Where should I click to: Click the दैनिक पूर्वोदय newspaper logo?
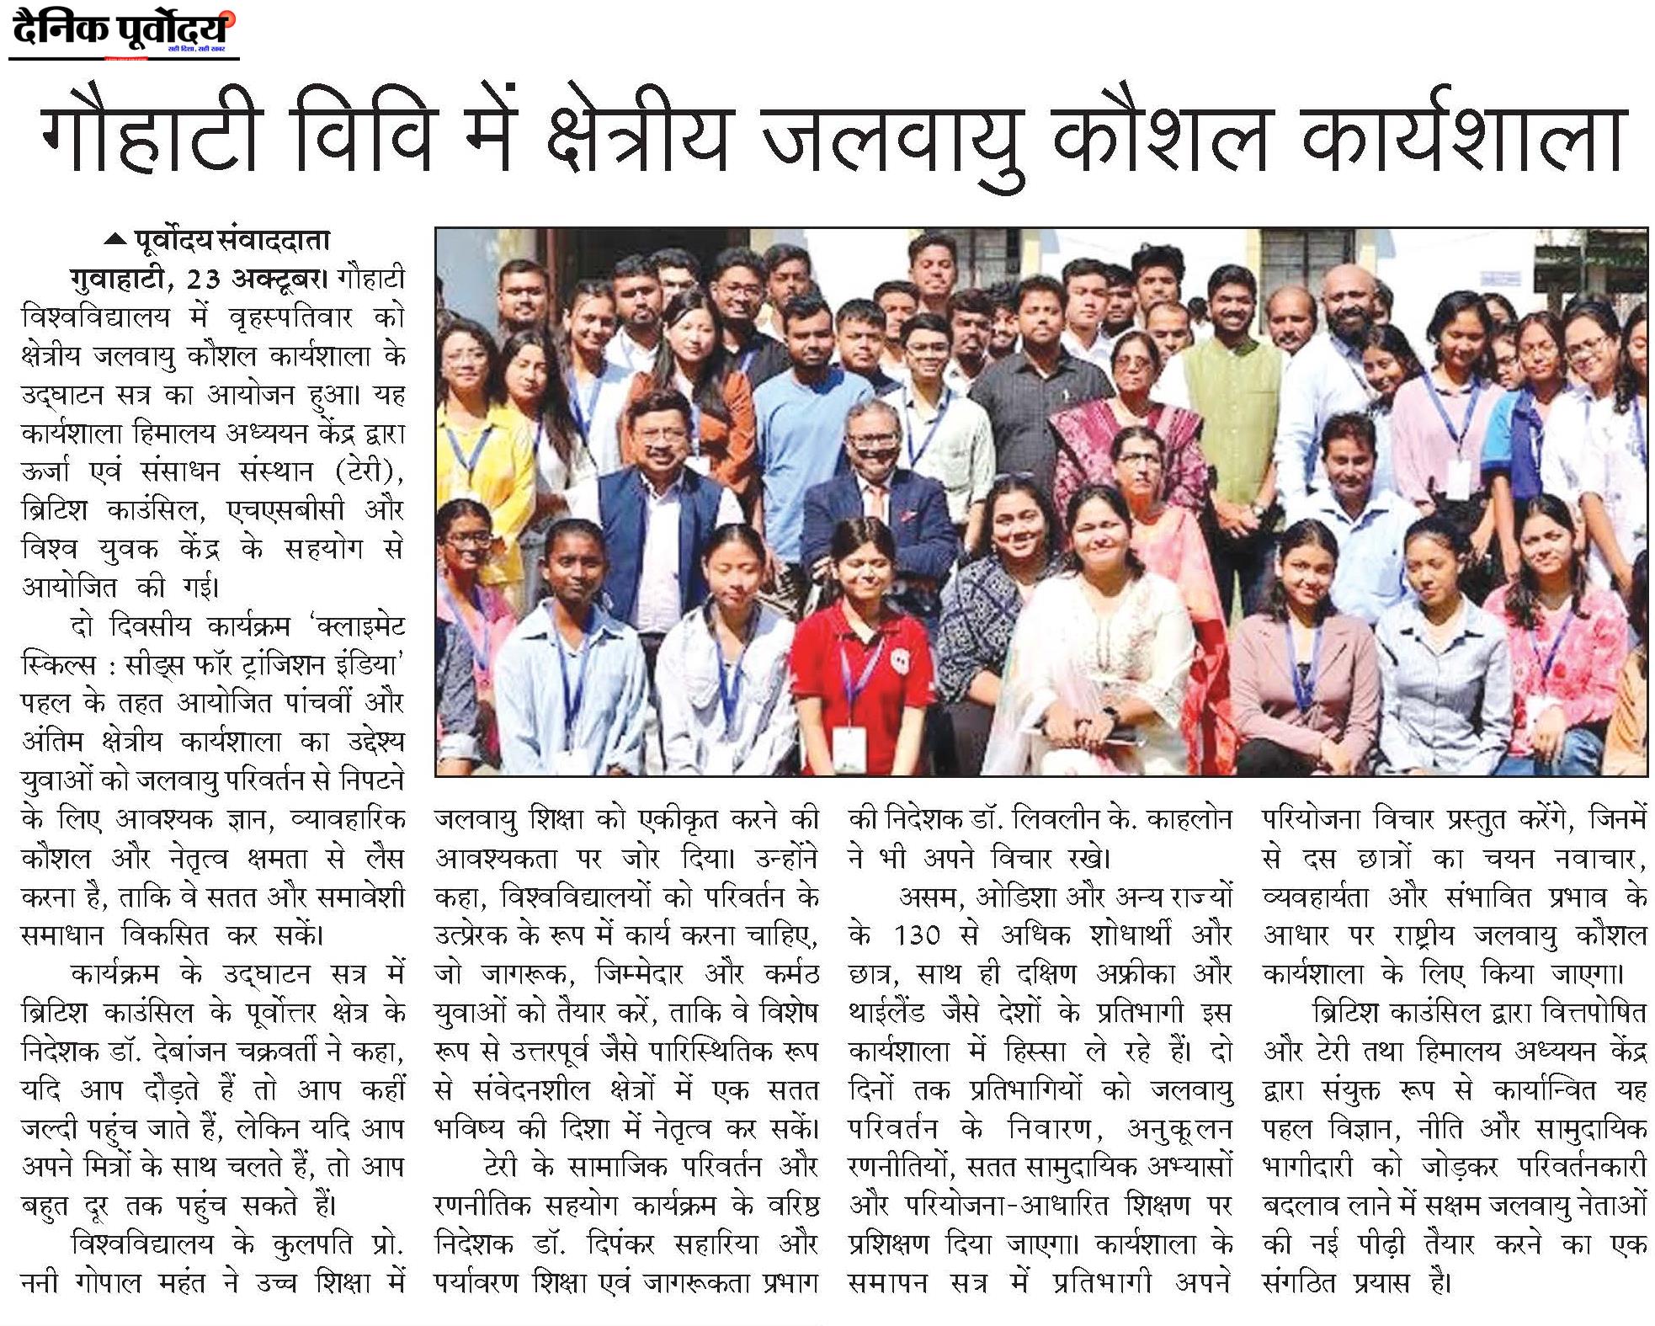[x=123, y=32]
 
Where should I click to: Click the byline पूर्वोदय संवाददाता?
[x=232, y=241]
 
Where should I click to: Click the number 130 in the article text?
[x=916, y=935]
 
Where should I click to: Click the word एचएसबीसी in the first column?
[x=285, y=510]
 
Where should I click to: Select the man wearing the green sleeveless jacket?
[x=1233, y=370]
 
